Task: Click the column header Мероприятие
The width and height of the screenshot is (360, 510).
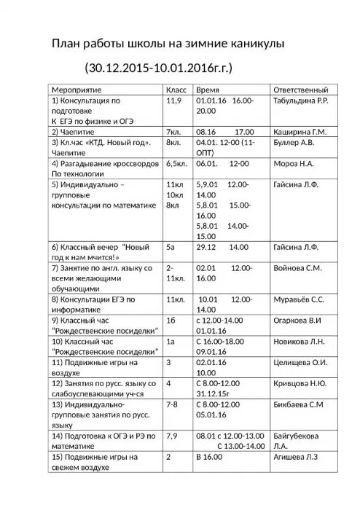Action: tap(79, 88)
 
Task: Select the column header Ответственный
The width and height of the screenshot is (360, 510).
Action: tap(300, 88)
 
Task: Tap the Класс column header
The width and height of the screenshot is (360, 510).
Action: tap(178, 88)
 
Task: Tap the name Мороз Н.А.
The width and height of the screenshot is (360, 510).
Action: tap(293, 165)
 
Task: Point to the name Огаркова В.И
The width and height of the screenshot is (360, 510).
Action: tap(298, 320)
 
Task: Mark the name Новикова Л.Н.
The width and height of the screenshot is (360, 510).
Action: tap(299, 341)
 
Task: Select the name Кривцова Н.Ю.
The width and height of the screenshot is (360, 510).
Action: tap(299, 382)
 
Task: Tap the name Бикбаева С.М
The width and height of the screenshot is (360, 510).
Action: tap(297, 403)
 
